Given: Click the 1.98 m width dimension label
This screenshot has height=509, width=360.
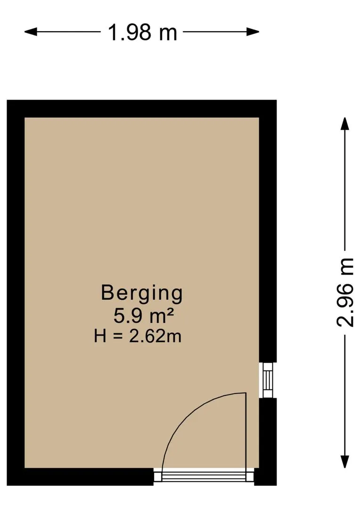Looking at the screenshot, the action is (x=142, y=33).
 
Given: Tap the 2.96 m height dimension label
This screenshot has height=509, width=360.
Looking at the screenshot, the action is (x=344, y=292).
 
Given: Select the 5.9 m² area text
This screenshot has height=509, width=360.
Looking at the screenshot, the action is (x=143, y=316).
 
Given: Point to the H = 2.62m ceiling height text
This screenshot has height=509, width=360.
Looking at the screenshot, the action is (x=138, y=336).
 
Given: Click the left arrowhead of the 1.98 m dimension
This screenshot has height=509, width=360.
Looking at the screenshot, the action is (x=30, y=32).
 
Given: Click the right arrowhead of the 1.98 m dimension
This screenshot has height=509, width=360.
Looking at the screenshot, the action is (x=253, y=32).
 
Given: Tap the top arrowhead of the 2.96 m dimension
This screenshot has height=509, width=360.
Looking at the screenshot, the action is (x=344, y=123).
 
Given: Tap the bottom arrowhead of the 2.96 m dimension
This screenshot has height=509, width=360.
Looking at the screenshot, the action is (x=344, y=461).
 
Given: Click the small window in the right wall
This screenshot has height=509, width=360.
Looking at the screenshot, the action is (x=268, y=380).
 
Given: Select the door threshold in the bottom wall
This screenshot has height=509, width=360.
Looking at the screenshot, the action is (x=204, y=476).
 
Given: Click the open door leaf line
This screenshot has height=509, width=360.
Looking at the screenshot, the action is (x=246, y=431).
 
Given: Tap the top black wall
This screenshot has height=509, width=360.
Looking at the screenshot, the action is (x=141, y=109).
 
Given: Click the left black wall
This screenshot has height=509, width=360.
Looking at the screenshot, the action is (x=16, y=293).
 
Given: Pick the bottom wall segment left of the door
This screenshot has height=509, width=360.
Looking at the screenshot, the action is (x=80, y=476).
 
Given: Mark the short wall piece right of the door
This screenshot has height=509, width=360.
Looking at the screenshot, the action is (x=265, y=476).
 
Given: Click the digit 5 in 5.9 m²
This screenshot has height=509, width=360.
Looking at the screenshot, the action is (x=119, y=316).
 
